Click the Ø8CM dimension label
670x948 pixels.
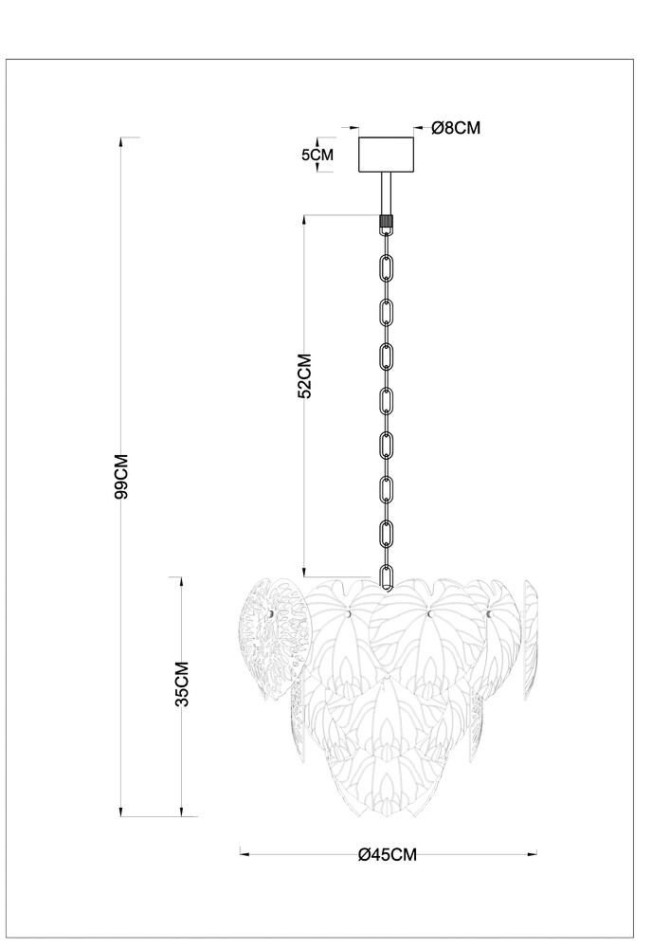456,128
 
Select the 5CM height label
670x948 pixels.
317,155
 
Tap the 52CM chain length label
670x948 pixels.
305,376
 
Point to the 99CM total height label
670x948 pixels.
121,476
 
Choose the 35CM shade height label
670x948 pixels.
182,684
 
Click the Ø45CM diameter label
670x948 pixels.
388,854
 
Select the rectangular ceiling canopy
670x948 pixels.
387,155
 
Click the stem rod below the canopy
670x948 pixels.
386,193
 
